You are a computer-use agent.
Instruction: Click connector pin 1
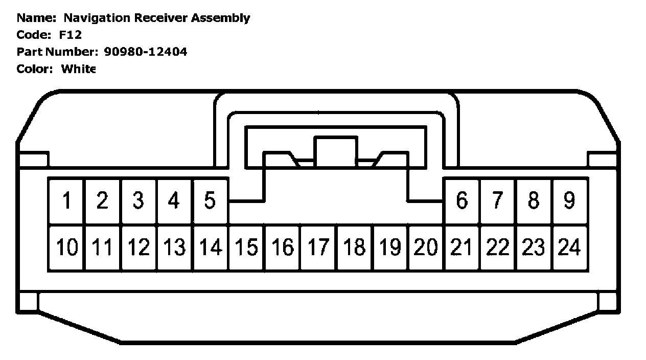pos(66,200)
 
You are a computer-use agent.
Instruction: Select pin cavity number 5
pos(210,200)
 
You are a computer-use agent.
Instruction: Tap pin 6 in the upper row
pos(462,200)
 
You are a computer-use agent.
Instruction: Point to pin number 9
pos(569,200)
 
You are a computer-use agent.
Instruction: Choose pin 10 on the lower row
pos(66,247)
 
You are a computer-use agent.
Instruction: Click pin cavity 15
pos(246,247)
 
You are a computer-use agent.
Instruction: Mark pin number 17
pos(318,247)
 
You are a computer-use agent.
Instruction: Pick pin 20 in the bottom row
pos(426,247)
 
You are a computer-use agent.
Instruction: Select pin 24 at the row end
pos(569,247)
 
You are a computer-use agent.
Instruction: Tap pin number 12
pos(139,247)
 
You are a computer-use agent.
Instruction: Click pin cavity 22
pos(498,247)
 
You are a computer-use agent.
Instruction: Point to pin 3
pos(138,200)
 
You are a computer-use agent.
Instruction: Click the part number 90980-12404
pos(145,52)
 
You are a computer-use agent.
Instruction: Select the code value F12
pos(71,35)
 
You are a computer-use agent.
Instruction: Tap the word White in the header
pos(78,69)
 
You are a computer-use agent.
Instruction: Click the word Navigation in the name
pos(97,18)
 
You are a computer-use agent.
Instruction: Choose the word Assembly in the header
pos(220,18)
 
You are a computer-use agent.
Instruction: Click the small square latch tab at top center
pos(335,151)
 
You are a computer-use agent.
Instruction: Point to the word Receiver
pos(161,18)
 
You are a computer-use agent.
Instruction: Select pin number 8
pos(534,200)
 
